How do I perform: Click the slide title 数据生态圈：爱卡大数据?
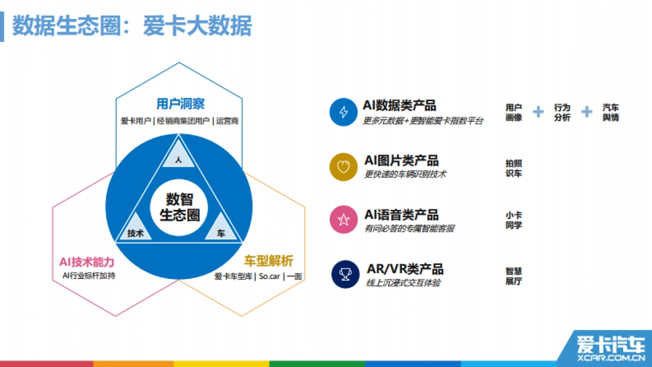pos(132,26)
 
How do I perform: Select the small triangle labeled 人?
pos(178,156)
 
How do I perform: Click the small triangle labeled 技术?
pos(135,231)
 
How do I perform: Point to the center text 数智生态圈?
pos(179,207)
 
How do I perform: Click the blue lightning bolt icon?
pos(343,112)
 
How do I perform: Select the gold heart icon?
pos(343,166)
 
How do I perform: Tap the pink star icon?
pos(343,220)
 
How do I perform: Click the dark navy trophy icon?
pos(345,275)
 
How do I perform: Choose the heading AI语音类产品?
pos(402,215)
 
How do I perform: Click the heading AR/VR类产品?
pos(405,269)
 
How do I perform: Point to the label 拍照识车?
pos(513,168)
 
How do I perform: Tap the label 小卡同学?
pos(513,220)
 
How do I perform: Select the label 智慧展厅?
pos(513,276)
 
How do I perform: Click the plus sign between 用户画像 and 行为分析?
pos(538,112)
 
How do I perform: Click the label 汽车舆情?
pos(611,113)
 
